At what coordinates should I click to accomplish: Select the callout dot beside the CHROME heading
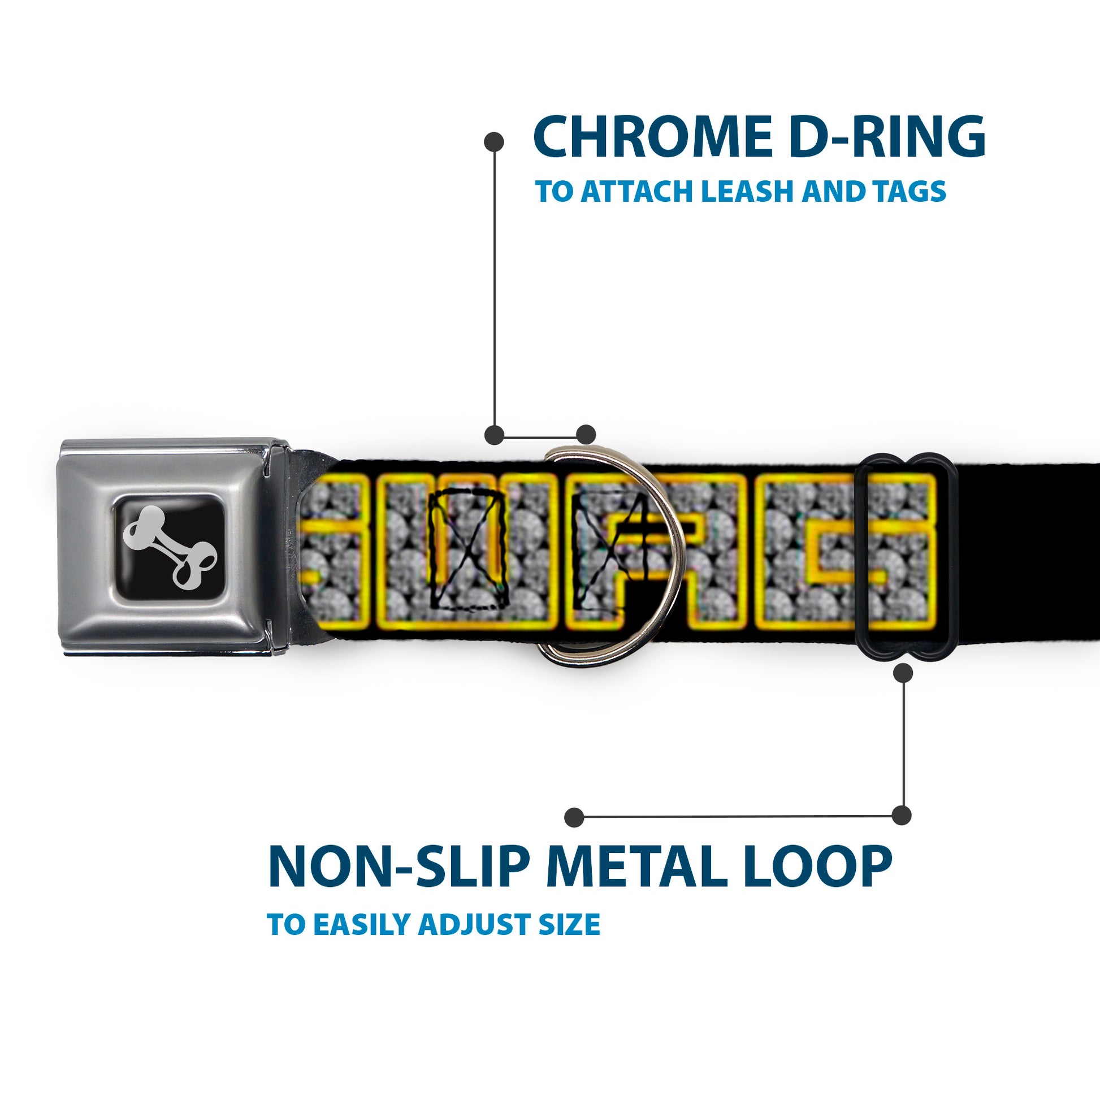pos(493,142)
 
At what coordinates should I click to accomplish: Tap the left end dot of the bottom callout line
pos(574,817)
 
